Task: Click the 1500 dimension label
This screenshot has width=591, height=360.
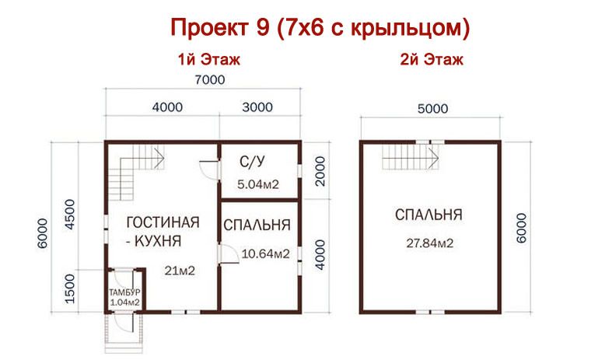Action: pyautogui.click(x=68, y=288)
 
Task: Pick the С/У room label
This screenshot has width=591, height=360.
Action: pyautogui.click(x=250, y=163)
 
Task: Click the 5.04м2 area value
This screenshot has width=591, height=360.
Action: pyautogui.click(x=257, y=184)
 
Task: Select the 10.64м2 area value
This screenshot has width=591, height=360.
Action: pyautogui.click(x=266, y=253)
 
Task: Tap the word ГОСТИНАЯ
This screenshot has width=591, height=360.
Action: pyautogui.click(x=162, y=222)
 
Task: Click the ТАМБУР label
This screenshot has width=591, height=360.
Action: pyautogui.click(x=124, y=292)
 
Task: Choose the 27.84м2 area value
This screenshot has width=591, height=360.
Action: pyautogui.click(x=430, y=243)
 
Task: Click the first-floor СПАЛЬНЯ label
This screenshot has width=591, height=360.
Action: pyautogui.click(x=257, y=225)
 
